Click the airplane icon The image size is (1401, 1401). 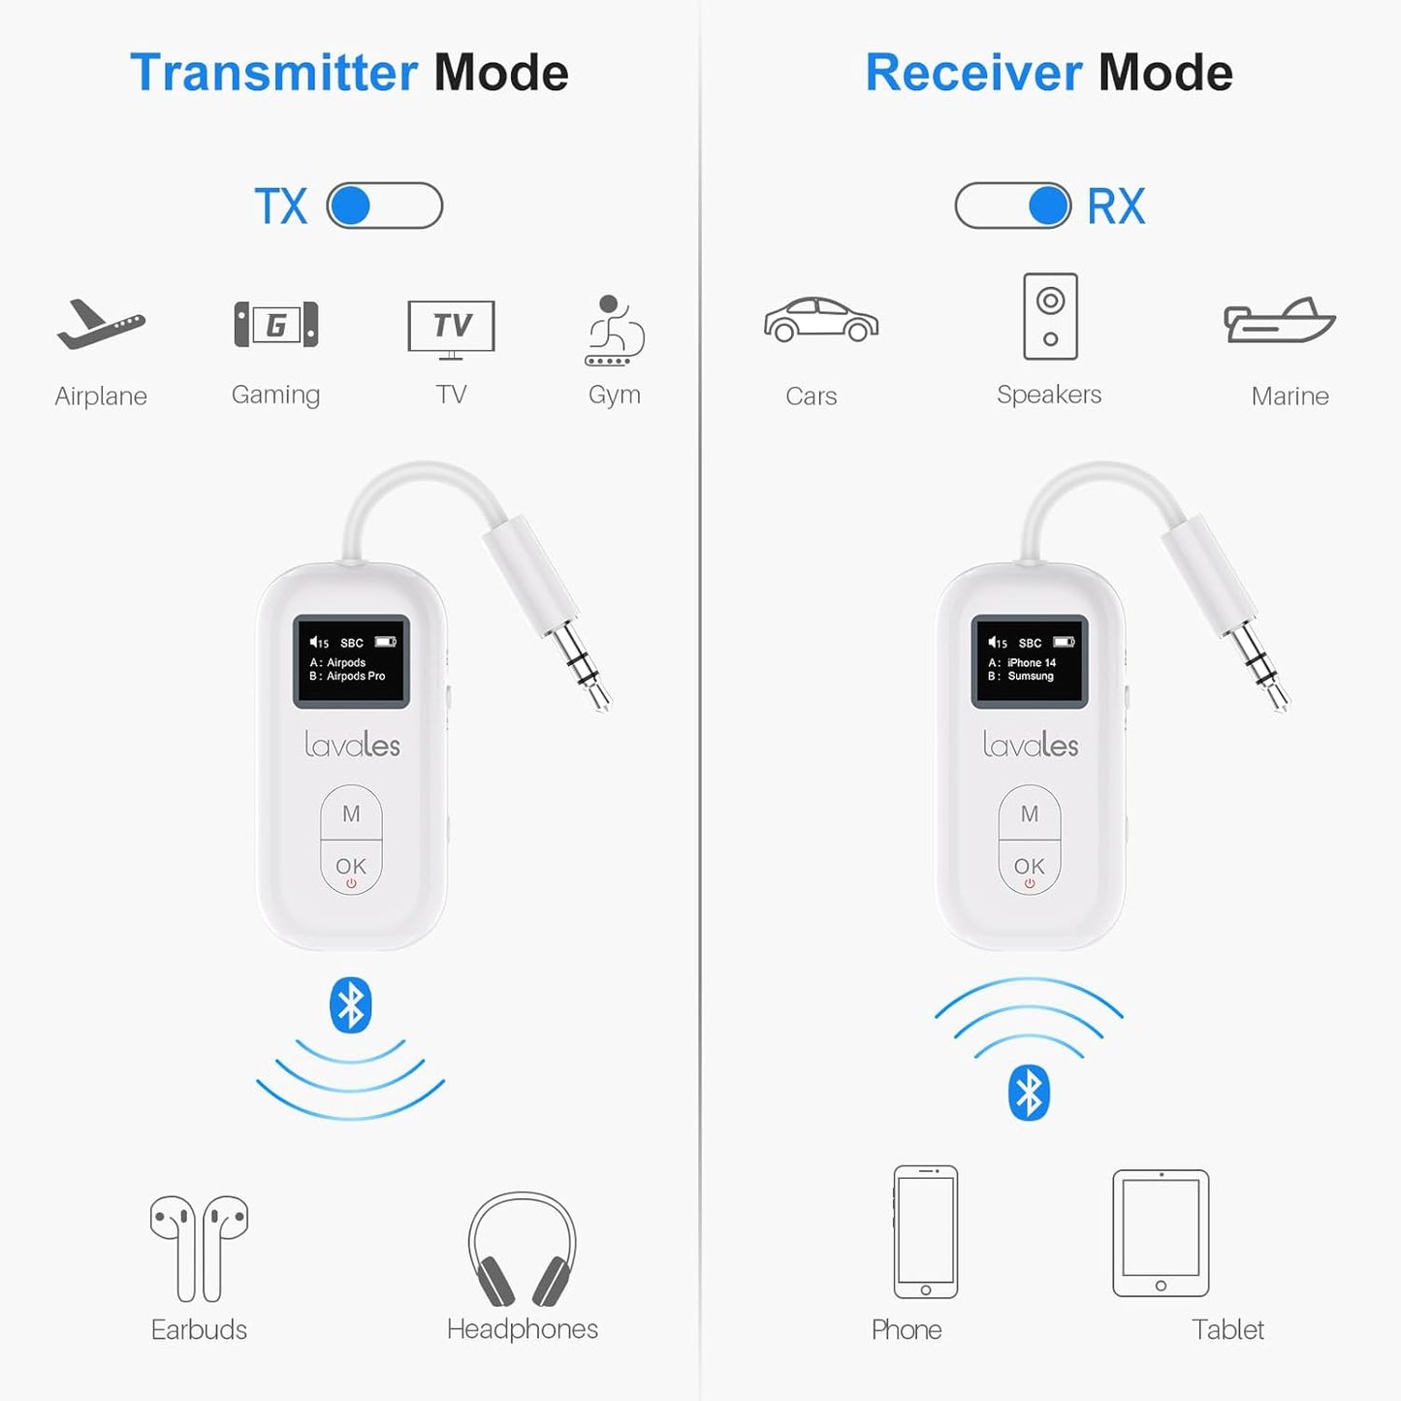(100, 325)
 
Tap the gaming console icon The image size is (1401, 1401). (276, 325)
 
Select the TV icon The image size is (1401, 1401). (451, 328)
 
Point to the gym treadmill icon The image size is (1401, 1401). (614, 331)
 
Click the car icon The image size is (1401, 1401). (820, 319)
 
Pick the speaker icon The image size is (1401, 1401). (1050, 316)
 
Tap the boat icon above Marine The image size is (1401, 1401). (1279, 321)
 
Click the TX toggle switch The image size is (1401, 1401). (385, 206)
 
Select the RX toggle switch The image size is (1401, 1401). (1013, 206)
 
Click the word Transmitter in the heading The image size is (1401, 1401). (274, 73)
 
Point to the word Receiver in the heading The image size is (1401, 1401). (973, 73)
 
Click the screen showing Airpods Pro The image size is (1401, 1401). (352, 660)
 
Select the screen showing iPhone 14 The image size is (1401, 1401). (1030, 660)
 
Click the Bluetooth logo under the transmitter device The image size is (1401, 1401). (350, 1004)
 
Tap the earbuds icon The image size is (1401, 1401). (200, 1247)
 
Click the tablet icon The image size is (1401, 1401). (1161, 1232)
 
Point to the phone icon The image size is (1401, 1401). (925, 1231)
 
